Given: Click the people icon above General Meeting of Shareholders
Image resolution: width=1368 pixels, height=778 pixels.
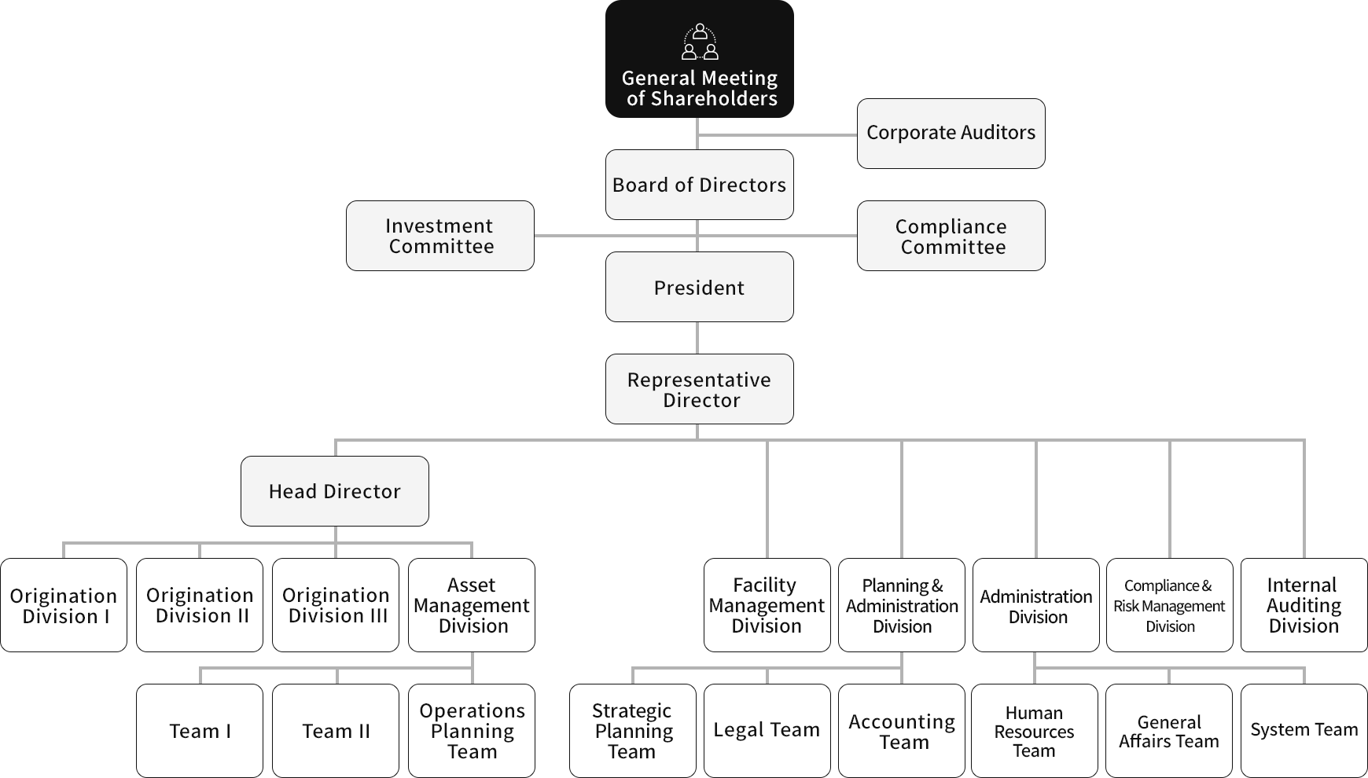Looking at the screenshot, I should point(700,42).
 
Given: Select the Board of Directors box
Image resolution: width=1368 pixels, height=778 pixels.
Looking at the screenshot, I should point(699,185).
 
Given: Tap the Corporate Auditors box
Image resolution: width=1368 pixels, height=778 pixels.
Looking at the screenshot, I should point(951,133).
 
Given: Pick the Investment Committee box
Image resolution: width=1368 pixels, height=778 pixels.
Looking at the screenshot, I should point(439,236).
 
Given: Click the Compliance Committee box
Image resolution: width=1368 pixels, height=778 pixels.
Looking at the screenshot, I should point(951,236).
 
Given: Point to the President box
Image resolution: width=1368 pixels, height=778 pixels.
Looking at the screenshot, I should point(699,287).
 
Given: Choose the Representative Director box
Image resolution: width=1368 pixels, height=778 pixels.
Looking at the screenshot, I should point(699,389).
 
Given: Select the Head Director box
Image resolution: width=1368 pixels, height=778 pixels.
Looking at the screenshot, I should point(334,491).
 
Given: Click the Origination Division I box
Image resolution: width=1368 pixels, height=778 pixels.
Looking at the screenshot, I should point(64,605).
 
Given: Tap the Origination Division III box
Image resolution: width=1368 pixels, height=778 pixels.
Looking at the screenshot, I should point(336,605).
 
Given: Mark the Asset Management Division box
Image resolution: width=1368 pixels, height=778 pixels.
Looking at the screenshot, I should point(472,605).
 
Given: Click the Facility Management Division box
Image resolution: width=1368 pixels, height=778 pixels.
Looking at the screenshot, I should point(767,605).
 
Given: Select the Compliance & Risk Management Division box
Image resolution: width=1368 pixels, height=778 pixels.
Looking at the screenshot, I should point(1169,605).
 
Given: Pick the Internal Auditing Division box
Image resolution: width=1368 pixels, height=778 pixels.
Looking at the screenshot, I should point(1304,605).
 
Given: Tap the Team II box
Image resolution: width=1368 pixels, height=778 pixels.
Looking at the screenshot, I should point(336,731).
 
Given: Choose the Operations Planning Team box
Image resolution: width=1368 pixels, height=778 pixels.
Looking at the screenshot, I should point(472,731).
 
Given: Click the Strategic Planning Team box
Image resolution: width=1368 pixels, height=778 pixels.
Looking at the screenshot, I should point(632,731).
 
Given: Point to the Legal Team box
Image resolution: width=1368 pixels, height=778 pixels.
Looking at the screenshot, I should point(767,731).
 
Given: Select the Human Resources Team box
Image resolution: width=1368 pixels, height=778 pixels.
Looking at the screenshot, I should point(1034,731).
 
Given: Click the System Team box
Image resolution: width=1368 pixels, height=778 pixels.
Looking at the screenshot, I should point(1304,731).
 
